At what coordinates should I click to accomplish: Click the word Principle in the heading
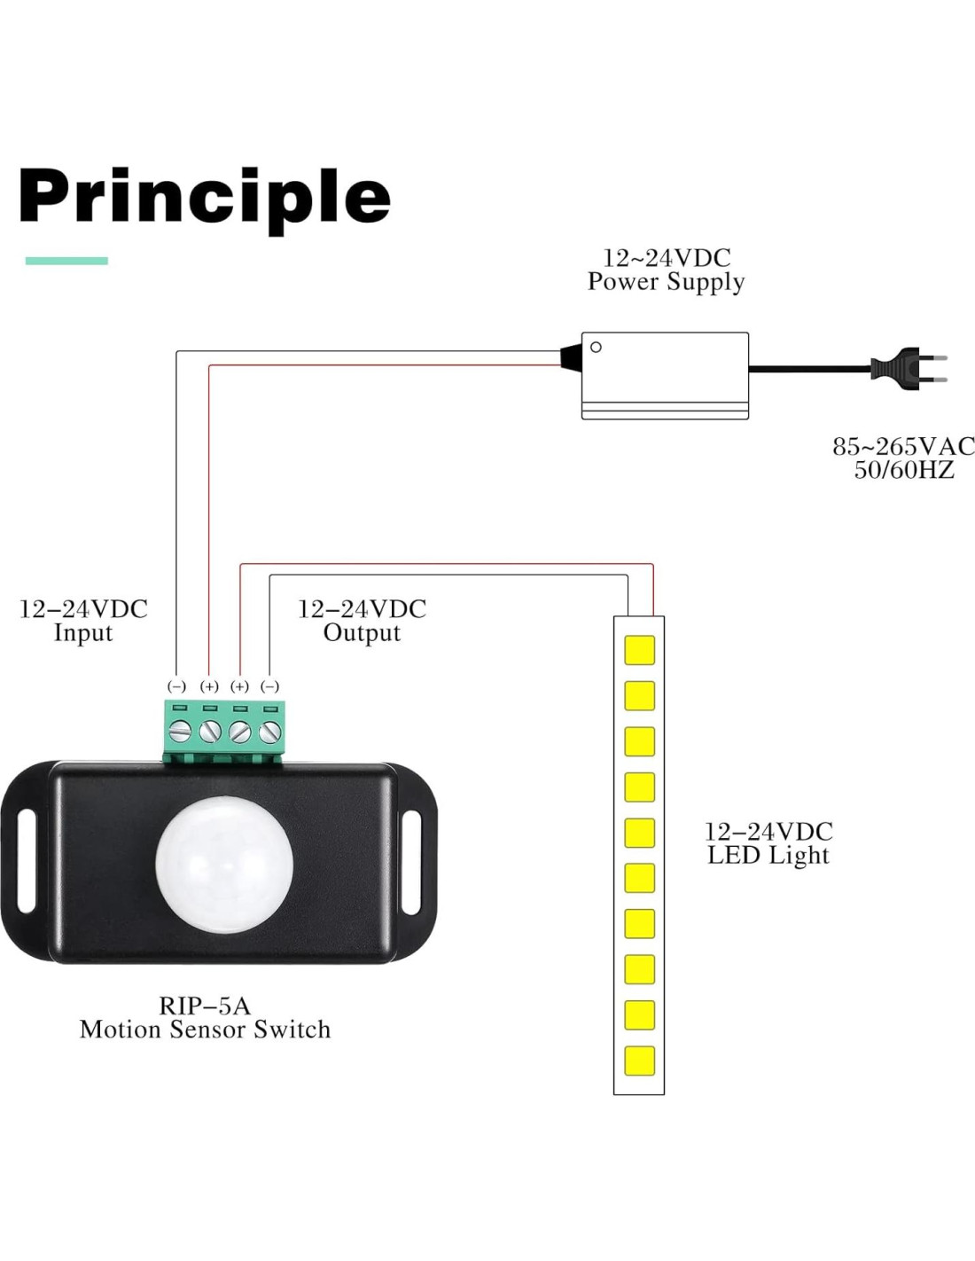[204, 197]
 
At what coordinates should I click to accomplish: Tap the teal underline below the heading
[66, 261]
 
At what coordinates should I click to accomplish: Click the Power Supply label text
[666, 282]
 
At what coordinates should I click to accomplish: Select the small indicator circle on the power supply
[596, 347]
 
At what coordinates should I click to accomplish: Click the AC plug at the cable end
[904, 368]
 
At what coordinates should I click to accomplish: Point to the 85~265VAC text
[902, 446]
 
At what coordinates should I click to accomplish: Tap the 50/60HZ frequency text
[904, 470]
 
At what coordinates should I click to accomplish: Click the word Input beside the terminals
[83, 633]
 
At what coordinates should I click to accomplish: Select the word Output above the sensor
[362, 633]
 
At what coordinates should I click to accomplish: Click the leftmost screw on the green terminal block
[180, 732]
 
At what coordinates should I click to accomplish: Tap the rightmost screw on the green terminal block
[270, 732]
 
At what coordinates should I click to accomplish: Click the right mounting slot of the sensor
[411, 861]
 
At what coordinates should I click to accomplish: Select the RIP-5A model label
[205, 1006]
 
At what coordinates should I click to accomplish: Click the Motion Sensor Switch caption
[205, 1030]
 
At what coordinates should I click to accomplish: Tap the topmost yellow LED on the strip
[639, 650]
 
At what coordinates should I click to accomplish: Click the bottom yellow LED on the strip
[639, 1061]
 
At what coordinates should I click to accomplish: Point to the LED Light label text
[768, 856]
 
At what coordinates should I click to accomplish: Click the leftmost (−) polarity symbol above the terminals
[177, 686]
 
